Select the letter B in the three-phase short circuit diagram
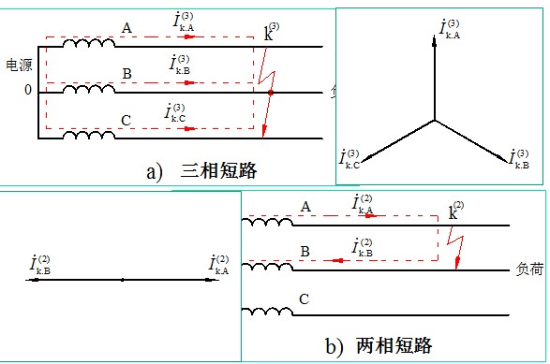tap(126, 73)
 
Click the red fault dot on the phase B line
tap(270, 94)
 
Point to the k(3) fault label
tap(273, 34)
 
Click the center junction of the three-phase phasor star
tap(434, 120)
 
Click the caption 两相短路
tap(394, 345)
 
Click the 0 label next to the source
tap(27, 90)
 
